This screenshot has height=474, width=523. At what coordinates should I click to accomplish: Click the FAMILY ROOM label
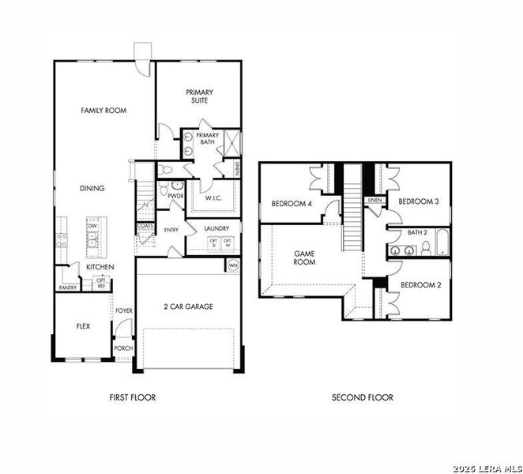(x=103, y=111)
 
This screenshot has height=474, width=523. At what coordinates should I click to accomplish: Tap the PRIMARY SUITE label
(x=199, y=96)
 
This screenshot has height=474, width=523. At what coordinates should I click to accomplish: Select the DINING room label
(x=92, y=188)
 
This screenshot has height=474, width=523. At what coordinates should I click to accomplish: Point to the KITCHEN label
(x=100, y=267)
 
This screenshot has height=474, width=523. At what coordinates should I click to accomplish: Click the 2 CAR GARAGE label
(x=188, y=307)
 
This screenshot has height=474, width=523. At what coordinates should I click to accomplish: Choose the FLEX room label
(x=83, y=325)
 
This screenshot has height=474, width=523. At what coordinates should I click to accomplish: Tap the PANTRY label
(x=67, y=288)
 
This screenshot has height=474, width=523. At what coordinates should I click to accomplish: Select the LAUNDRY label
(x=216, y=229)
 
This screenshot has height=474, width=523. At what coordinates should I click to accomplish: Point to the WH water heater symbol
(x=233, y=265)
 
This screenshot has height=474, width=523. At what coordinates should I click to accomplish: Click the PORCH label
(x=123, y=348)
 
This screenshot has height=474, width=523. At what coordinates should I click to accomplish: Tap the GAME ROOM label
(x=305, y=258)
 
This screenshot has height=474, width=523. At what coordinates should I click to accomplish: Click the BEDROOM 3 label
(x=418, y=201)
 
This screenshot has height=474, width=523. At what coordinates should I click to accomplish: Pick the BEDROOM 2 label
(x=420, y=284)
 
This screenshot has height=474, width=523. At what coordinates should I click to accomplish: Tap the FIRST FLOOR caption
(x=132, y=397)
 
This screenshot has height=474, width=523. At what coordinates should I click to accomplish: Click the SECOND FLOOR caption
(x=362, y=397)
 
